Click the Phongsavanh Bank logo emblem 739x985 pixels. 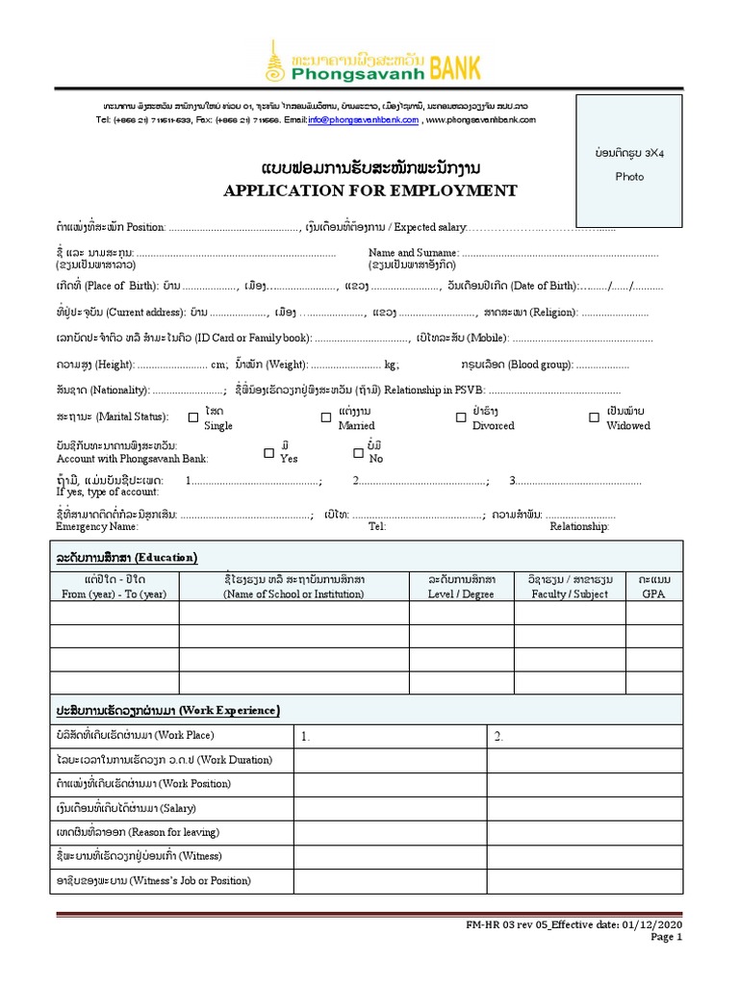[277, 61]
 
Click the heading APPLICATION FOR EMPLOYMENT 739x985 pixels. [370, 190]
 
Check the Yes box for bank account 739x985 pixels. [268, 452]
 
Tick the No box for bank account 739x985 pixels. [358, 452]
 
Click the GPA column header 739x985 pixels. [653, 587]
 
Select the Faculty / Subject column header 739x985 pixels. [570, 587]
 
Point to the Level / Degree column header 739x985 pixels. [462, 587]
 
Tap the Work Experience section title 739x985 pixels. [168, 710]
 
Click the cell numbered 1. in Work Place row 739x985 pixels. [390, 737]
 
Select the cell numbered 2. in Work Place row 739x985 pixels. [584, 737]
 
